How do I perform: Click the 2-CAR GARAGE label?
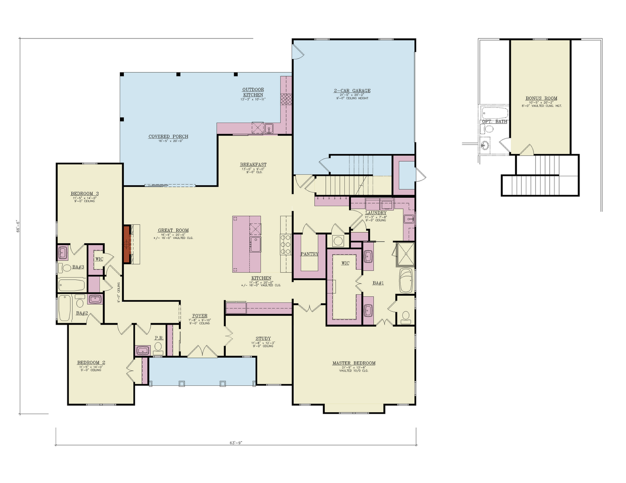pos(352,91)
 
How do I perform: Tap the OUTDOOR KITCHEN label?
pos(253,92)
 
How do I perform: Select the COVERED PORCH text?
pos(168,137)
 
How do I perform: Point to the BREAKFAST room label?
pos(253,165)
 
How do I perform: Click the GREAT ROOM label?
pos(173,230)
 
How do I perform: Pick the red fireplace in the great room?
pos(127,244)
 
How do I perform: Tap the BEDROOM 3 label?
pos(84,193)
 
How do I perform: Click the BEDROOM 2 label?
pos(91,363)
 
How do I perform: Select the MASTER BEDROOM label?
pos(354,363)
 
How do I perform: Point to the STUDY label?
pos(263,339)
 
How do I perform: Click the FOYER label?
pos(200,316)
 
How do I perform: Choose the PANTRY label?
pos(309,254)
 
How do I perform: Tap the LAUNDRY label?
pos(376,213)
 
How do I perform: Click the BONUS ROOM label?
pos(541,98)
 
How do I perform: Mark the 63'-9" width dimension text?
pos(236,443)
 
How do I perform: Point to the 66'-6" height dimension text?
pos(18,226)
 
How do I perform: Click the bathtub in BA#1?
pos(406,281)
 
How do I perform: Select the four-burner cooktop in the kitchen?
pos(286,245)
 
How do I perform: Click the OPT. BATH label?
pos(494,122)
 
